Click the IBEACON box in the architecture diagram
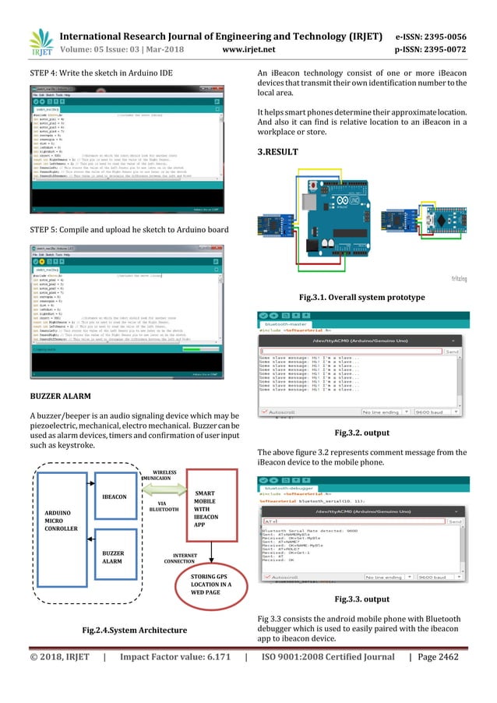115,496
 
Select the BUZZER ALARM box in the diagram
115,556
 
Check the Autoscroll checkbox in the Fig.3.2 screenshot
264,412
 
